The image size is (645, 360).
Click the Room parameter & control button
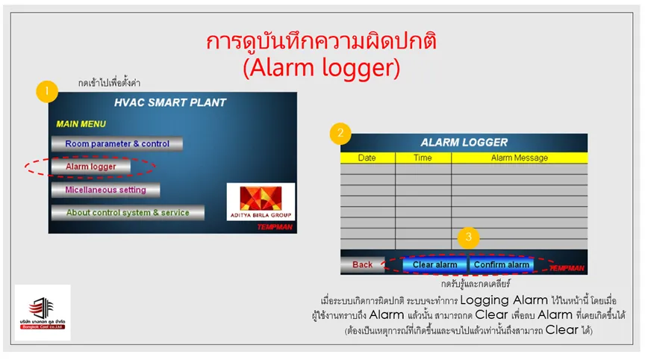pyautogui.click(x=117, y=143)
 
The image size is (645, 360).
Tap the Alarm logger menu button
pyautogui.click(x=91, y=167)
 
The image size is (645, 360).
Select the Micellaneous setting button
pyautogui.click(x=106, y=190)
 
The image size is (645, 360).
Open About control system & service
pyautogui.click(x=128, y=213)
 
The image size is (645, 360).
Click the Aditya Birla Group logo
pyautogui.click(x=261, y=202)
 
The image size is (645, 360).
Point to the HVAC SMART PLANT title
pyautogui.click(x=170, y=102)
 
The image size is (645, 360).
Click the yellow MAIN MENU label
pyautogui.click(x=81, y=124)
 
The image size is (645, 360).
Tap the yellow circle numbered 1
pyautogui.click(x=47, y=91)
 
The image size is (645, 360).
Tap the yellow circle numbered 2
pyautogui.click(x=340, y=133)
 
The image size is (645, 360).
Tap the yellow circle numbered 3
pyautogui.click(x=469, y=237)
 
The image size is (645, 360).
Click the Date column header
pyautogui.click(x=367, y=158)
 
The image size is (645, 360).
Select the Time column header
pyautogui.click(x=423, y=158)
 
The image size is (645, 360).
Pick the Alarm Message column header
pyautogui.click(x=520, y=158)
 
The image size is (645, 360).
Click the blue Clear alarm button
pyautogui.click(x=434, y=265)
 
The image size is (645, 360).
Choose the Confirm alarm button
pyautogui.click(x=502, y=265)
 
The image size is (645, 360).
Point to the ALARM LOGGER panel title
pyautogui.click(x=464, y=143)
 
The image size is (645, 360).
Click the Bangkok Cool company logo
pyautogui.click(x=43, y=313)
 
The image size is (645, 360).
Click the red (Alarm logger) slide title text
pyautogui.click(x=321, y=67)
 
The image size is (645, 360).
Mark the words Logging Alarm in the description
pyautogui.click(x=504, y=300)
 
